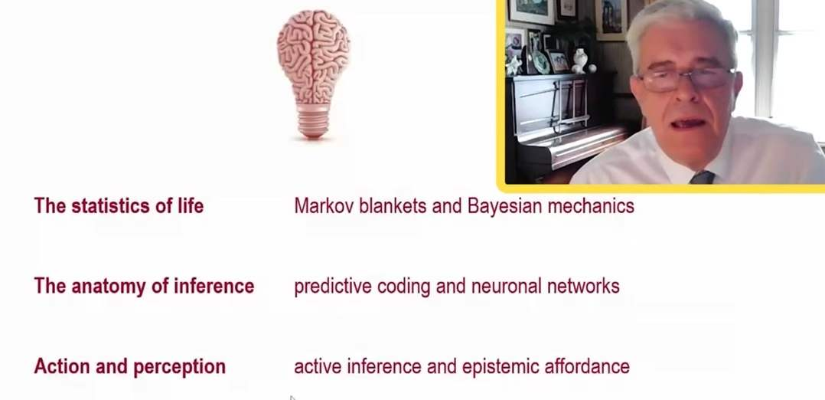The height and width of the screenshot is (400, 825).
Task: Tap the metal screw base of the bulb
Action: tap(313, 120)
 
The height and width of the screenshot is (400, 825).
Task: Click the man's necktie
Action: tap(702, 177)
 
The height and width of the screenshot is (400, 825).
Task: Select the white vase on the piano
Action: tap(580, 60)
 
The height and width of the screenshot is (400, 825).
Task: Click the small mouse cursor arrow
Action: tap(292, 398)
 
